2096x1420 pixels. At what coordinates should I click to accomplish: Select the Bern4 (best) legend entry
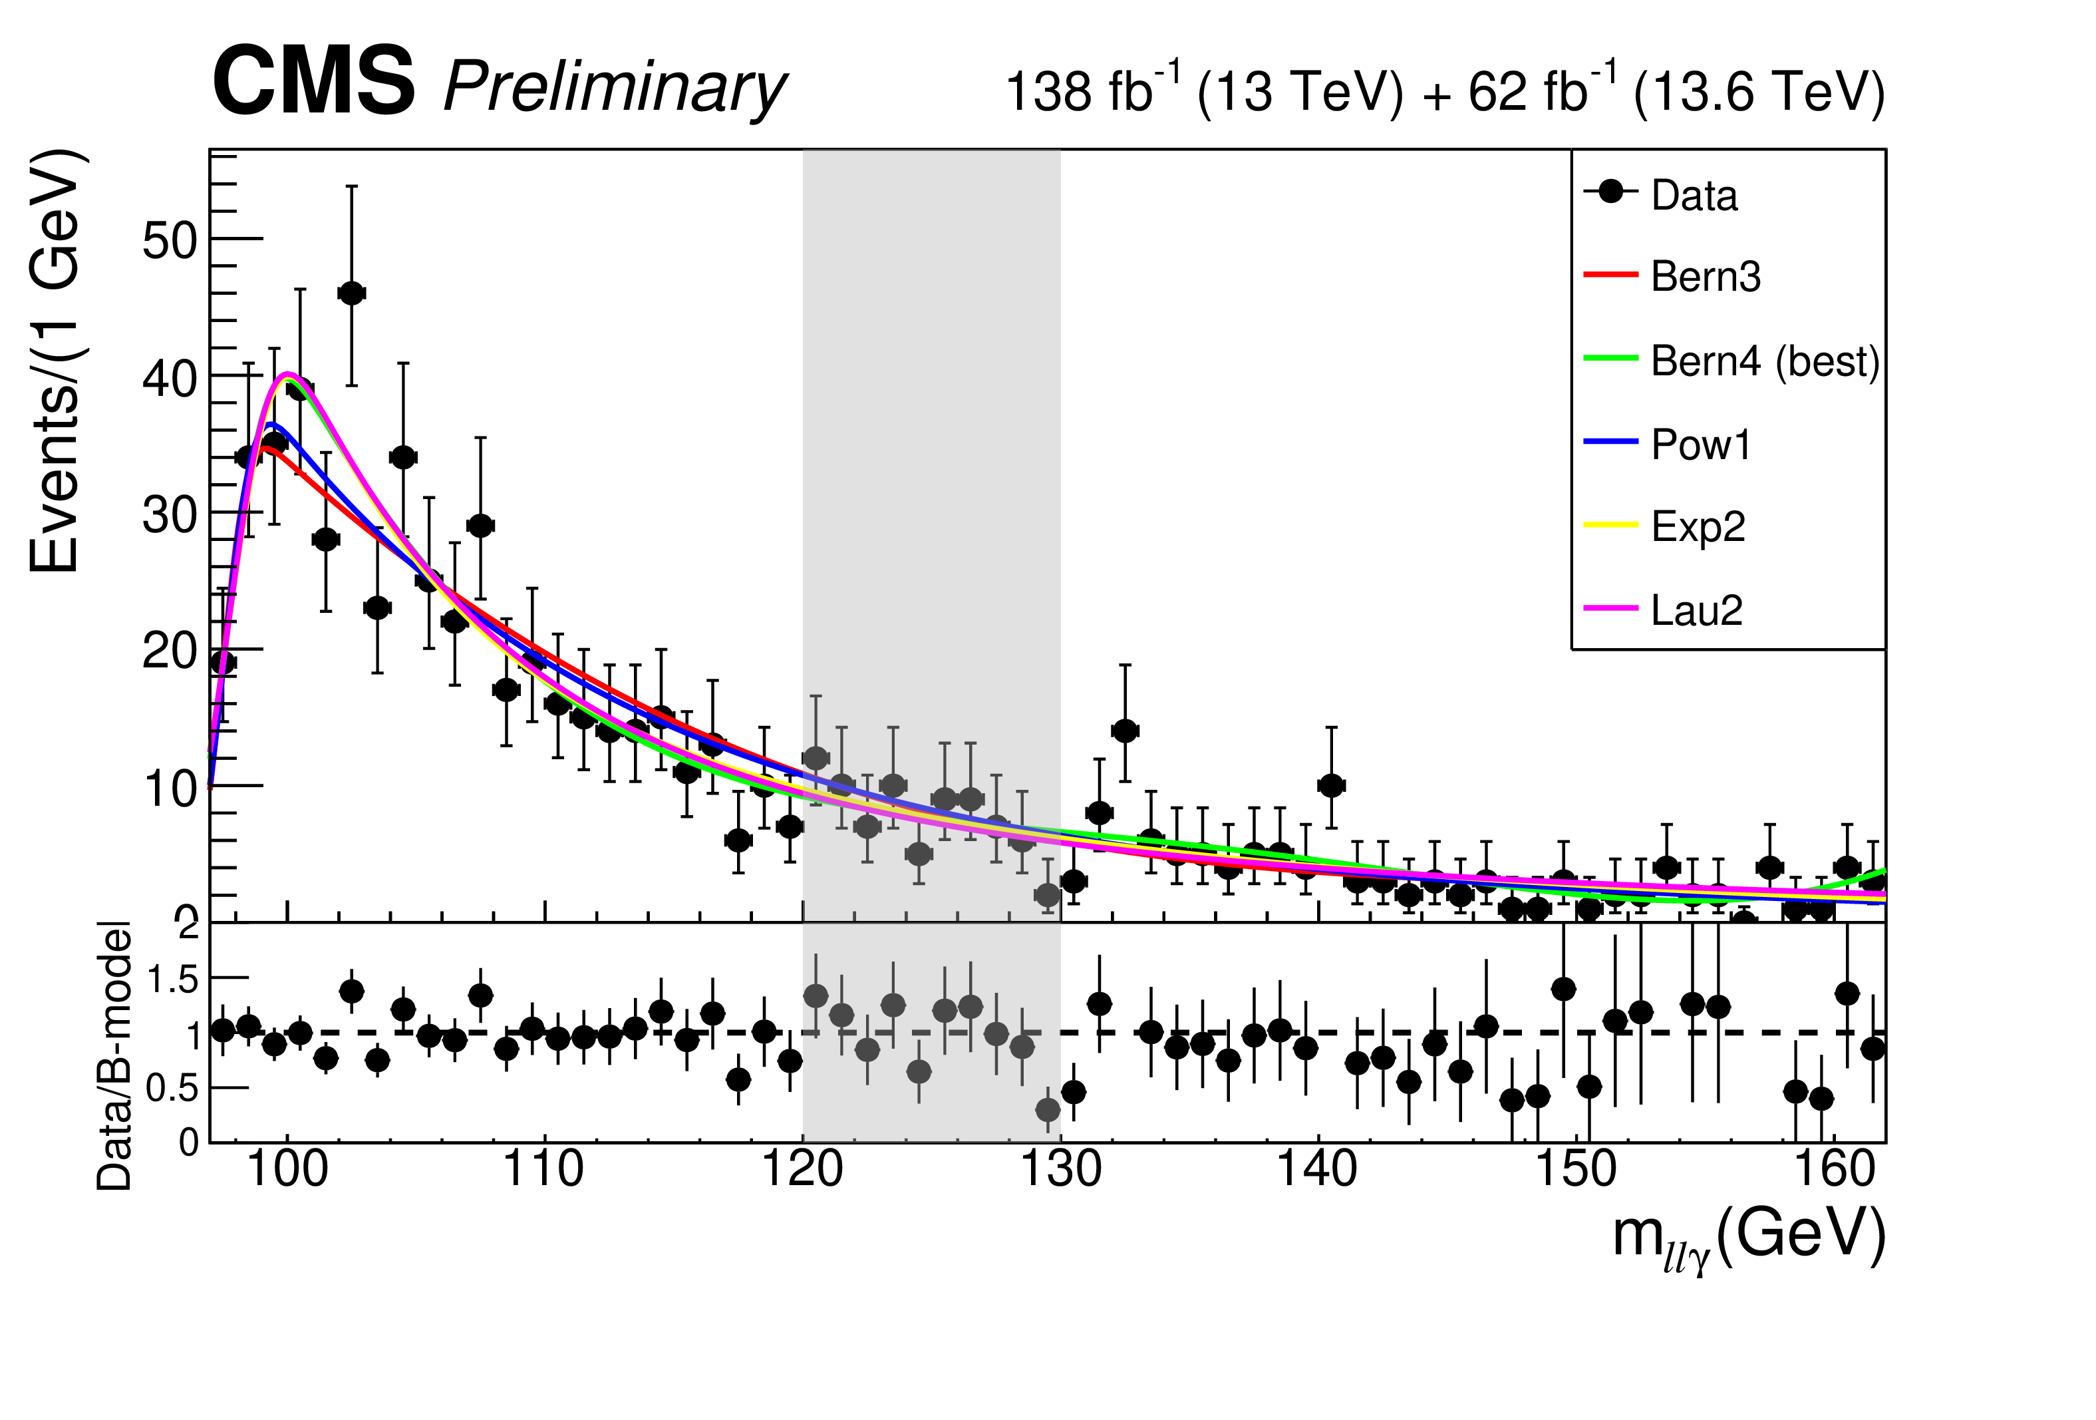click(1731, 361)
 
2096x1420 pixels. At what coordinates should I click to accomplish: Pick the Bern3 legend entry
click(1672, 276)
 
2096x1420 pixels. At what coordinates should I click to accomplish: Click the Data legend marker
click(1610, 192)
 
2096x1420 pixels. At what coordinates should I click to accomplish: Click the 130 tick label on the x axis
click(1060, 1169)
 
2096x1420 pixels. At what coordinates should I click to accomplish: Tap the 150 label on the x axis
click(1576, 1169)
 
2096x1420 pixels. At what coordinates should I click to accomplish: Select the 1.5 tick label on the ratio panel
click(172, 979)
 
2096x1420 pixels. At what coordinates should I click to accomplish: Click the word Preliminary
click(615, 89)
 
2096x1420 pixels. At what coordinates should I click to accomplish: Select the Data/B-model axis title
click(114, 1055)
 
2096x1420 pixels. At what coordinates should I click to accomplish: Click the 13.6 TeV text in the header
click(1759, 92)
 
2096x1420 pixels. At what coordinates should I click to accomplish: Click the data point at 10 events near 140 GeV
click(1331, 786)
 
